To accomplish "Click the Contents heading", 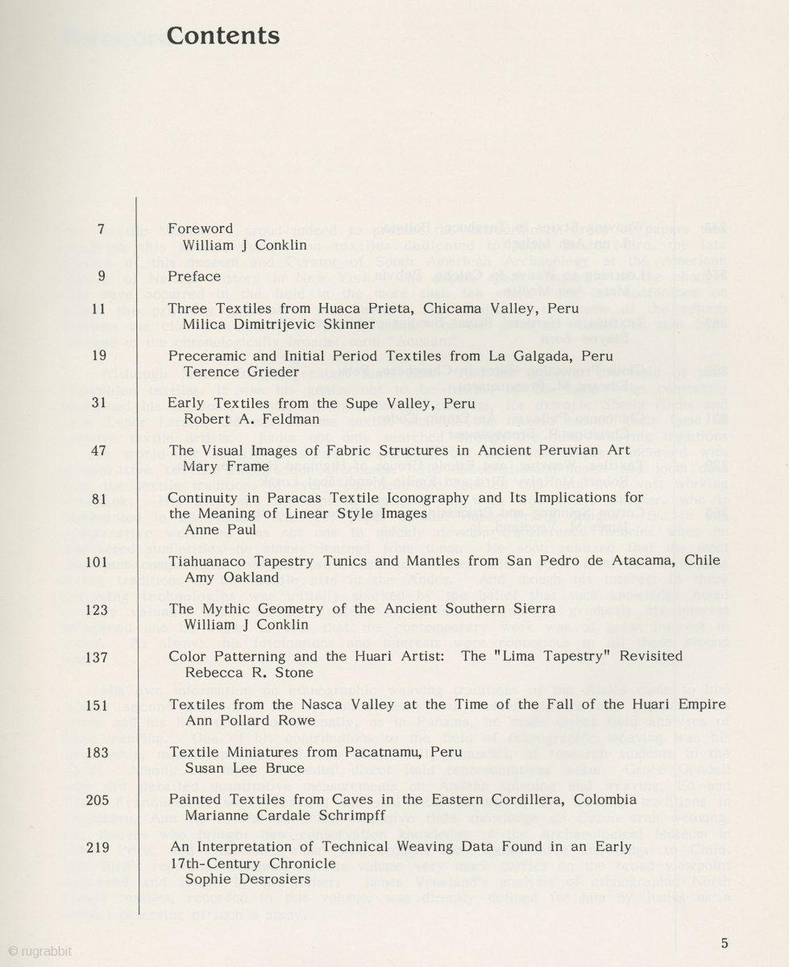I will (x=222, y=36).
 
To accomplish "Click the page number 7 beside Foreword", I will (x=102, y=228).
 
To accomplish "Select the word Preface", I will (x=194, y=276).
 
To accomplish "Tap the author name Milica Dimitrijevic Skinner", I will (x=279, y=325).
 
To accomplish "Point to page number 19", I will (x=98, y=355).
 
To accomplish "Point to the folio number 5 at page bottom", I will (x=725, y=943).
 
